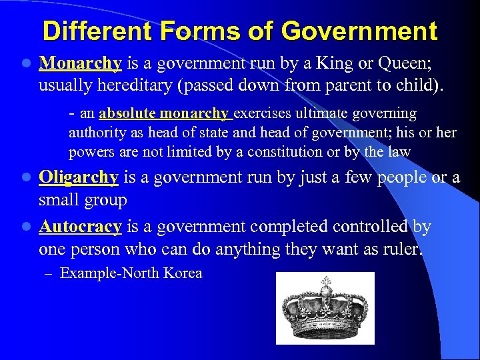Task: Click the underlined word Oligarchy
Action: point(79,177)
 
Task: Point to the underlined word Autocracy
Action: point(80,227)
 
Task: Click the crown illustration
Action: point(325,309)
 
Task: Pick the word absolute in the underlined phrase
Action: point(127,114)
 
